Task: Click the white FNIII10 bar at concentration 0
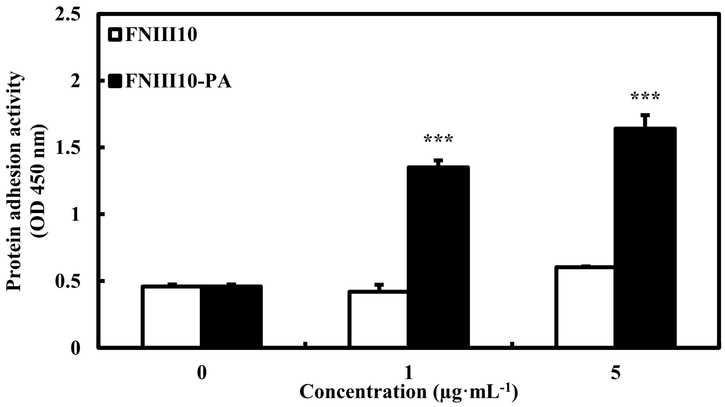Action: [170, 317]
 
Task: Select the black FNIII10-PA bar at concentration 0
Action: [231, 317]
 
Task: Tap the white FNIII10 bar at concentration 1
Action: [378, 320]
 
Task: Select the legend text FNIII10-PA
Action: [178, 82]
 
